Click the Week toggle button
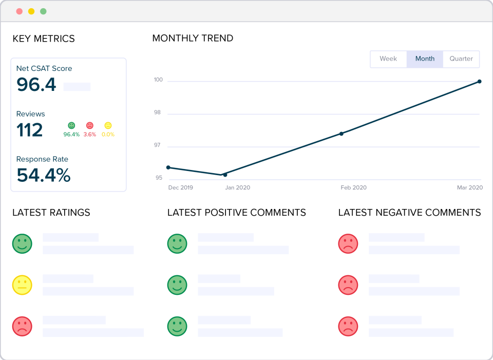pos(388,59)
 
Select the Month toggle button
pos(425,59)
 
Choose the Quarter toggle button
pos(461,59)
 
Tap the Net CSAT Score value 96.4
pos(36,85)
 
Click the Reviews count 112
pos(30,130)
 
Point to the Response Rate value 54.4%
pos(44,175)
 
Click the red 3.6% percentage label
pos(89,135)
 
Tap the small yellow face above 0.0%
pos(108,125)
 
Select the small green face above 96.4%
pos(71,125)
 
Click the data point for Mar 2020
pos(479,81)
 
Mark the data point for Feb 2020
pos(342,134)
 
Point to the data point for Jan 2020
pos(225,175)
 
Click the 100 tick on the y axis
pos(158,80)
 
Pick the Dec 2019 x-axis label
pos(181,187)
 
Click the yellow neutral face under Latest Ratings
pos(22,285)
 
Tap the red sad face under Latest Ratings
pos(22,326)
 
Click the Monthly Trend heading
pos(193,38)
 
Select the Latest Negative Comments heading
pos(409,213)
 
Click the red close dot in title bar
pos(20,11)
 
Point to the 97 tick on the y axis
pos(158,145)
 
